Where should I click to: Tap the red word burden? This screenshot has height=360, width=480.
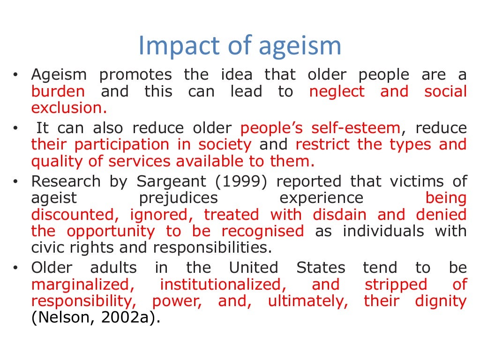[x=58, y=91]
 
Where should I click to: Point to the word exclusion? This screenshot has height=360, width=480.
[x=68, y=108]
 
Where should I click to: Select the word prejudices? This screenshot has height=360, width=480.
[x=179, y=198]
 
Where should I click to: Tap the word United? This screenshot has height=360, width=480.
[x=253, y=268]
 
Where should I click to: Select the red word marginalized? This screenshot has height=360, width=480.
[x=80, y=285]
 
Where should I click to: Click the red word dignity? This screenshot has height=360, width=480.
[x=441, y=301]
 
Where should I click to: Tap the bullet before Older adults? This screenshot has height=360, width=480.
[x=16, y=268]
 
